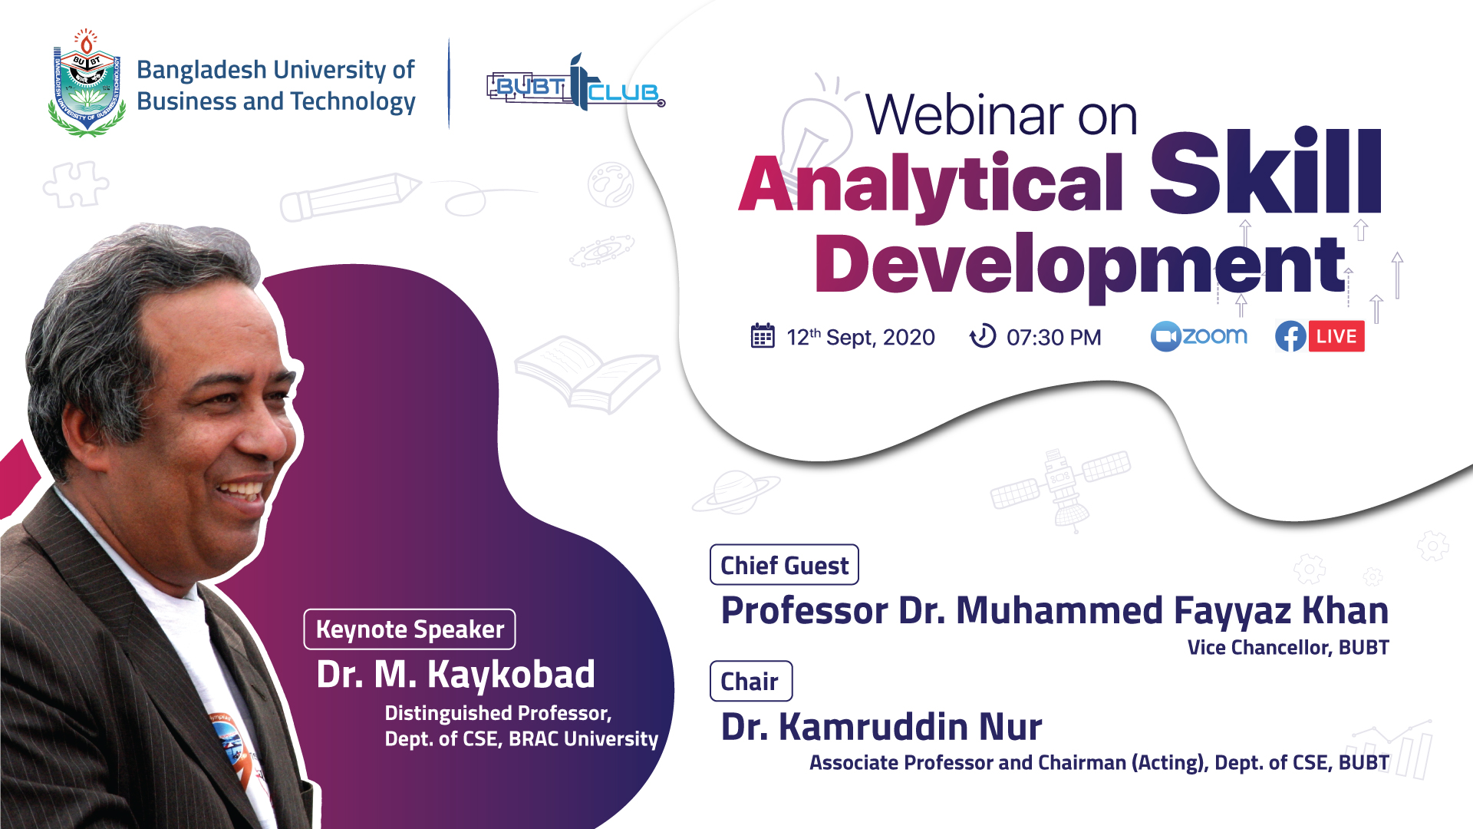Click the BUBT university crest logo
(87, 83)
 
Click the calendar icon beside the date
(763, 336)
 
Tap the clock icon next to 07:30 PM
(983, 336)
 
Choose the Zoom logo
(1199, 336)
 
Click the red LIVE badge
(1336, 336)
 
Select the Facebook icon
(1290, 336)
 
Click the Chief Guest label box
(784, 565)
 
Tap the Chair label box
(751, 681)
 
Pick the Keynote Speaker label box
(410, 629)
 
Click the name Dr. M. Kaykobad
(456, 675)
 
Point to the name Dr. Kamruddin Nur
(881, 727)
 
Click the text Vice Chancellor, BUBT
(1288, 648)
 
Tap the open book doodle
(588, 374)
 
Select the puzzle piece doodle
(75, 184)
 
